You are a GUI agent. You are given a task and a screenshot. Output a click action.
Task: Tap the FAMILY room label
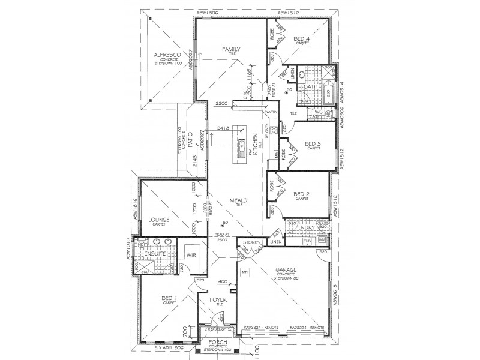pyautogui.click(x=230, y=49)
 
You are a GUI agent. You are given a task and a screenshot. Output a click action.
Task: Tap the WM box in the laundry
pyautogui.click(x=321, y=240)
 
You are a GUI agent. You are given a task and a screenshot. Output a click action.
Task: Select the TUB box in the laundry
pyautogui.click(x=308, y=240)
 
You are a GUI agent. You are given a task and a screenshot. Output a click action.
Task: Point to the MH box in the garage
pyautogui.click(x=262, y=272)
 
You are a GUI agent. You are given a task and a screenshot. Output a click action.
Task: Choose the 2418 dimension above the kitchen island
pyautogui.click(x=226, y=128)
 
